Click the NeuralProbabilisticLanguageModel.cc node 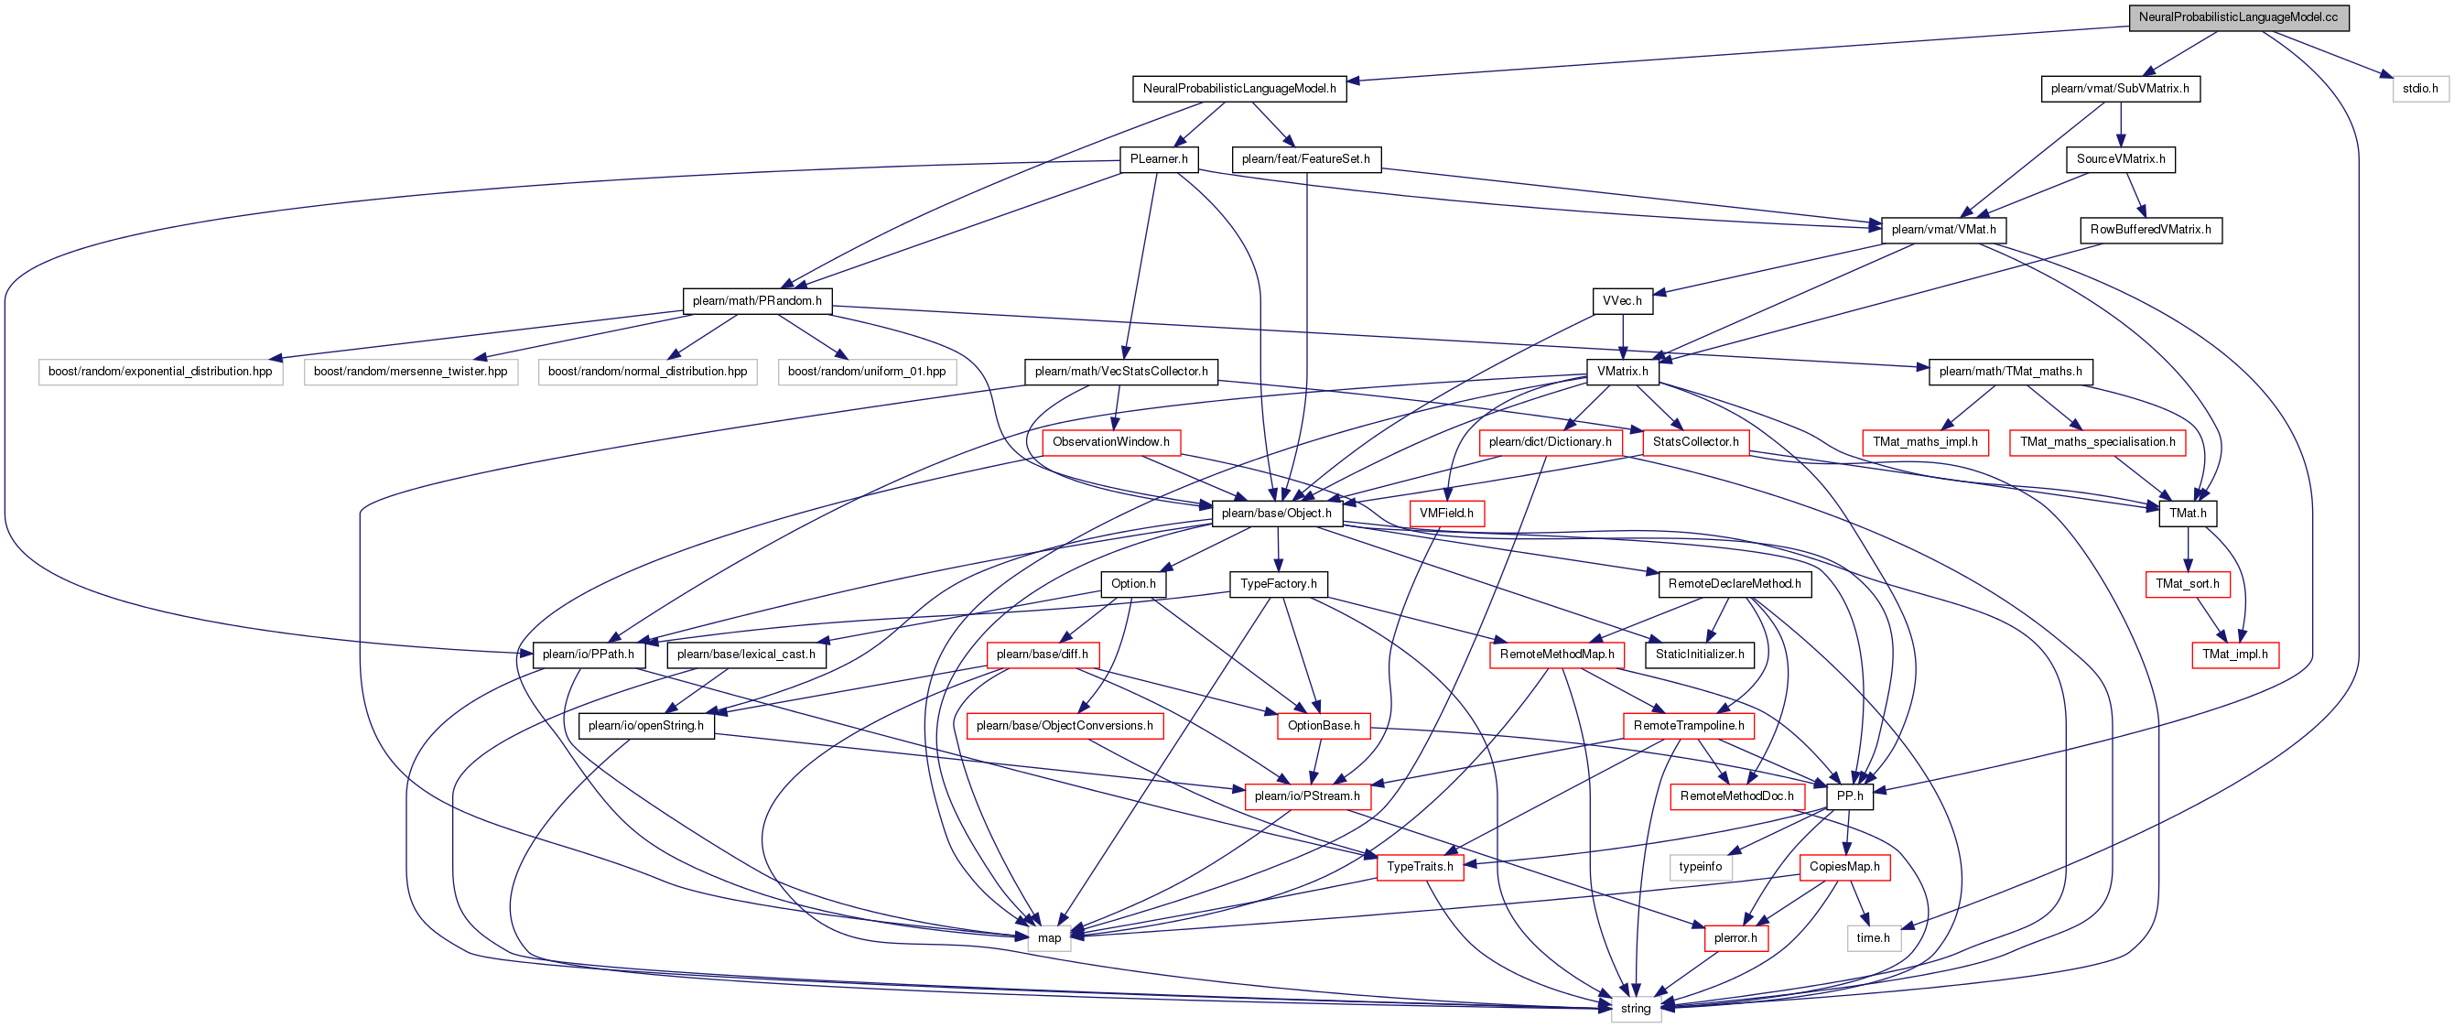(2239, 17)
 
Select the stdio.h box (2420, 89)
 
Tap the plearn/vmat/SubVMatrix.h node (2121, 89)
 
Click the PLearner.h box (1159, 159)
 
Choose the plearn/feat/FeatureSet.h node (1306, 159)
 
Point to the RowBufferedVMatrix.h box (2151, 230)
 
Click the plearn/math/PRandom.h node (757, 301)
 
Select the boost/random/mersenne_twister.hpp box (411, 372)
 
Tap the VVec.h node (1622, 301)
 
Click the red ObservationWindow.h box (1111, 442)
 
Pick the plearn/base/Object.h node (1277, 514)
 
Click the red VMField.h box (1446, 514)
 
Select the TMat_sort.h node (2188, 584)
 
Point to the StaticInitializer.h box (1701, 655)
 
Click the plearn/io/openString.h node (646, 726)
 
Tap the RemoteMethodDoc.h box (1736, 796)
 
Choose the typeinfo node (1701, 867)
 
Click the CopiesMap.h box (1844, 867)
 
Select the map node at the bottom (1049, 938)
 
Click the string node (1636, 1009)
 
